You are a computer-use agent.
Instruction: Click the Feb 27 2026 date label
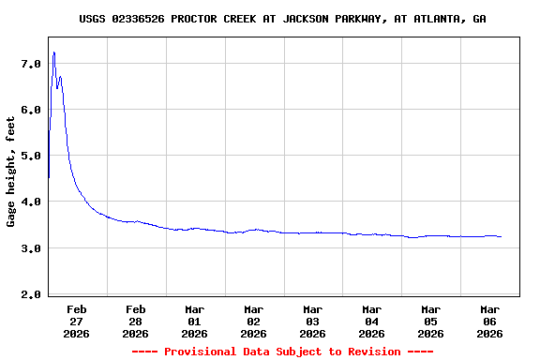click(77, 321)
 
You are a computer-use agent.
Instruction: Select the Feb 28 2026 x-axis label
click(136, 321)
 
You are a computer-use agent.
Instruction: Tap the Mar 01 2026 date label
click(195, 321)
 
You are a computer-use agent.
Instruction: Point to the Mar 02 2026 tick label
click(254, 321)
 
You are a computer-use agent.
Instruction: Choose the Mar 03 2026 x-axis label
click(313, 321)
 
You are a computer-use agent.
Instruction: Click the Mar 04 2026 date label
click(372, 321)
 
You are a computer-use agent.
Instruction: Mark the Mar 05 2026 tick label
click(431, 321)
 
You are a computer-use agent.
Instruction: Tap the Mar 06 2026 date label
click(490, 321)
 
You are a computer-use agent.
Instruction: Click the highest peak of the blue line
click(54, 52)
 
